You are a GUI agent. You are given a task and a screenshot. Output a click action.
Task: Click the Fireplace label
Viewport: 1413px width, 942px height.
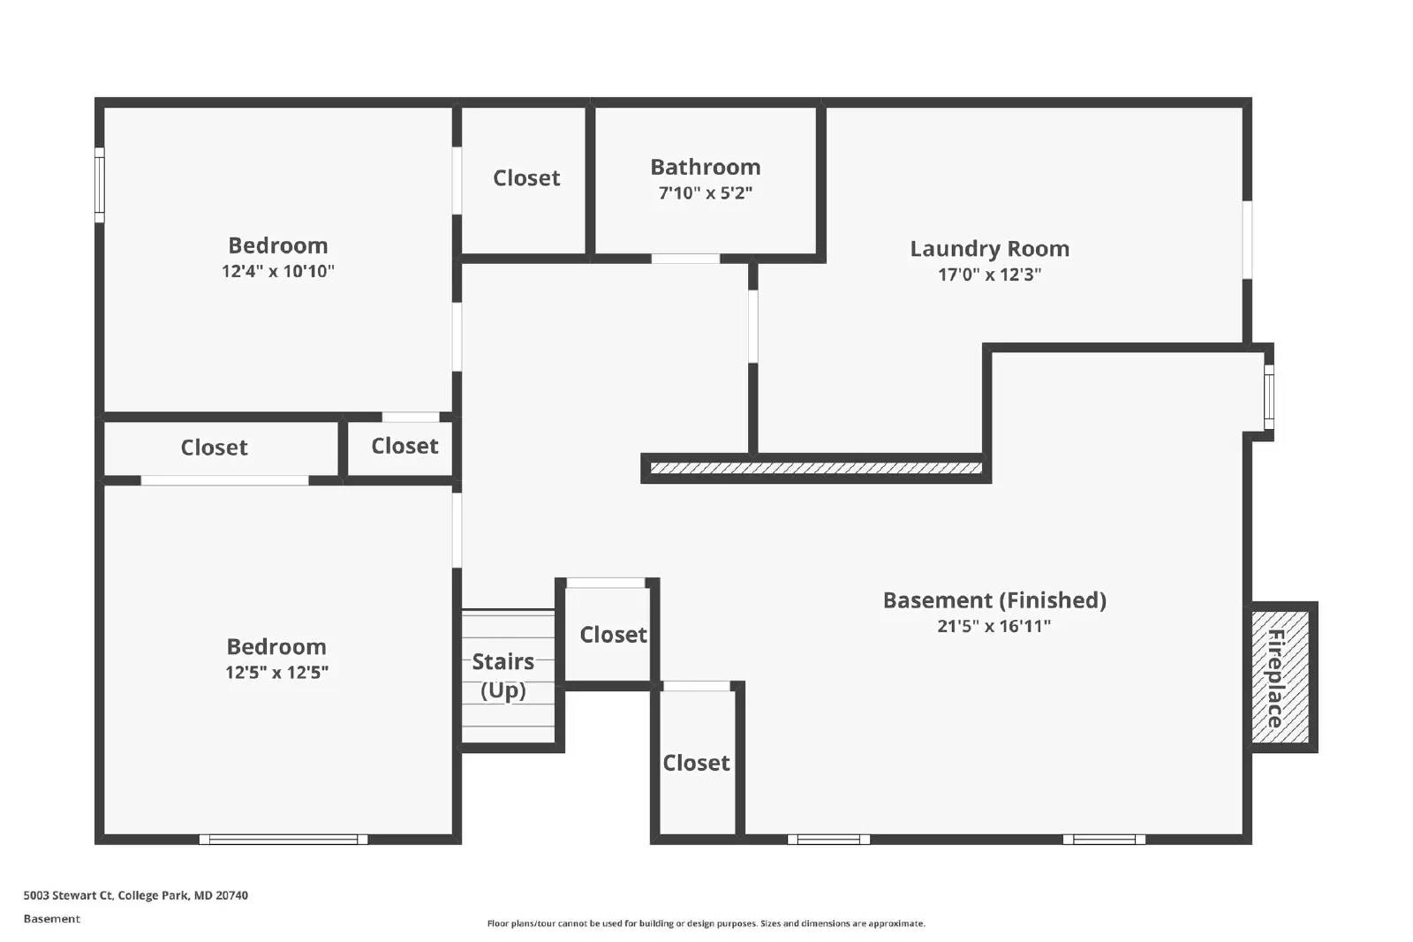click(x=1275, y=678)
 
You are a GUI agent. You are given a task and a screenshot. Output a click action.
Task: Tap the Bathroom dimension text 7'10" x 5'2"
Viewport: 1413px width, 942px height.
click(x=705, y=192)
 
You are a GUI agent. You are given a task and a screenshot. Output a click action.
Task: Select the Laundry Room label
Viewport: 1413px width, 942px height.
click(x=989, y=249)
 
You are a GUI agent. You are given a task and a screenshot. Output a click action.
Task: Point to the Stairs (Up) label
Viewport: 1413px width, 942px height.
click(x=502, y=675)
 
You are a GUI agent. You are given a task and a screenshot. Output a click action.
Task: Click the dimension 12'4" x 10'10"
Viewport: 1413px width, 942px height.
click(x=277, y=271)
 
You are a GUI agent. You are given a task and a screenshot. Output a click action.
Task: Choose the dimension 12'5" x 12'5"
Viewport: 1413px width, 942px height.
click(x=276, y=672)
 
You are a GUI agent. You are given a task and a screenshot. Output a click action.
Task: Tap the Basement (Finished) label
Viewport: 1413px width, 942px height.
click(x=994, y=600)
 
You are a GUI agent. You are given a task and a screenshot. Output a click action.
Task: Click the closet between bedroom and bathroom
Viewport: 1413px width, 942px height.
click(x=526, y=178)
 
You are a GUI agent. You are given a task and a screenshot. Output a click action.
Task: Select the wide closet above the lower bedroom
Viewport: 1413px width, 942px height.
click(x=214, y=448)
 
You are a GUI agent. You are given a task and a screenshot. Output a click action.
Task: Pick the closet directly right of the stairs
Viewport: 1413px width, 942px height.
click(x=612, y=635)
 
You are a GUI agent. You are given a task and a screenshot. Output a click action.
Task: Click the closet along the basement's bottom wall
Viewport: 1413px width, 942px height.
click(x=696, y=763)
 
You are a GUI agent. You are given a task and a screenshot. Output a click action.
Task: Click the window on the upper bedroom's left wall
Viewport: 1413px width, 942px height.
click(x=100, y=185)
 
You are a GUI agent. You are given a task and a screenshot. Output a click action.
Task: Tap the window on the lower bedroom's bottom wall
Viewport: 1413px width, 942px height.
click(x=283, y=840)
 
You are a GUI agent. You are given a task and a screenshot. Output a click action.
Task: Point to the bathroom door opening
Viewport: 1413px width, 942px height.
click(x=685, y=259)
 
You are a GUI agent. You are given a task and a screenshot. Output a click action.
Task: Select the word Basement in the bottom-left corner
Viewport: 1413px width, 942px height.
click(x=51, y=919)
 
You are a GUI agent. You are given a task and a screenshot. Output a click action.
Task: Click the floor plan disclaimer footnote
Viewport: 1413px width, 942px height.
click(x=706, y=923)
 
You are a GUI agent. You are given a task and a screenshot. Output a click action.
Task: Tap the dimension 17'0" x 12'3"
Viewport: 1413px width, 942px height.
click(x=989, y=275)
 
